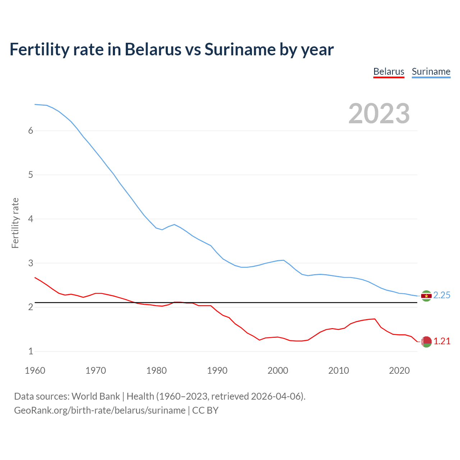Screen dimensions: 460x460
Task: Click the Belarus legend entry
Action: tap(388, 72)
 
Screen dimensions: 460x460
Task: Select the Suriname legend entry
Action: tap(431, 72)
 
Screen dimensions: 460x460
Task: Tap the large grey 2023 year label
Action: tap(379, 114)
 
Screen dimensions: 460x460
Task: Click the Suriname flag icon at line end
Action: tap(426, 296)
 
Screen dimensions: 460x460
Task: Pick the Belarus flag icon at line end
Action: tap(426, 342)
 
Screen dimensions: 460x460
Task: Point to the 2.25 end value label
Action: tap(442, 295)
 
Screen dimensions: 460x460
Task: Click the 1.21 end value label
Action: tap(442, 341)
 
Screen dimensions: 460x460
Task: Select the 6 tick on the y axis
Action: tap(31, 131)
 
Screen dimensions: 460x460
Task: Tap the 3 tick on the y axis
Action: tap(31, 263)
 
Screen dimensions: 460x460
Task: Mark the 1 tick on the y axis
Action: tap(31, 351)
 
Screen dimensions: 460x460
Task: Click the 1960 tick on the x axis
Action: tap(35, 371)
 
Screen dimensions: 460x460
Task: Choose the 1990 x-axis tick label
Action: tap(217, 371)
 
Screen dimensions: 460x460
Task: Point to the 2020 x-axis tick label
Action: tap(399, 371)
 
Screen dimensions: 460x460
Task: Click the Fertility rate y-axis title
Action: tap(15, 223)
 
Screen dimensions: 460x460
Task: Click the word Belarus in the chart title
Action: tap(153, 50)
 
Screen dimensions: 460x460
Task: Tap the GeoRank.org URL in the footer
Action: tap(100, 410)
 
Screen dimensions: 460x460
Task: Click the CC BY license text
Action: tap(205, 410)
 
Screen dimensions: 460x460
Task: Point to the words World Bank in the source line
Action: tap(96, 396)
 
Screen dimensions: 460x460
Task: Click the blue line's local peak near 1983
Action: tap(174, 225)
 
